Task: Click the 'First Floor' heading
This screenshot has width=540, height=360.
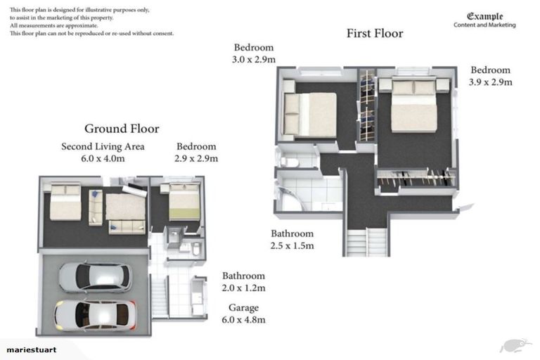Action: [375, 33]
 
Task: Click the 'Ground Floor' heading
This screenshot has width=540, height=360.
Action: [122, 129]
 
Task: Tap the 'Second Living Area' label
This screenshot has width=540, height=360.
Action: [103, 146]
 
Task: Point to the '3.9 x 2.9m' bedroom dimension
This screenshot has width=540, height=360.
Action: [490, 82]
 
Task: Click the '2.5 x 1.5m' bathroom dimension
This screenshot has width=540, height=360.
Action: [292, 245]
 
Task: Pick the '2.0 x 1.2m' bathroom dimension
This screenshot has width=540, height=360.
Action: [243, 288]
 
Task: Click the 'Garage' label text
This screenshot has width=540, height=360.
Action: [243, 307]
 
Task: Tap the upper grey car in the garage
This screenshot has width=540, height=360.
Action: [94, 276]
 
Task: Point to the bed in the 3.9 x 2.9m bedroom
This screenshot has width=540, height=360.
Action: [414, 105]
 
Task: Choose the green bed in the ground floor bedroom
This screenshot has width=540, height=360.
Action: [184, 202]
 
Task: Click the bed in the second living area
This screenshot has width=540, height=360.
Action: [65, 202]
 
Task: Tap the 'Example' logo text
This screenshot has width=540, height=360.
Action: [485, 16]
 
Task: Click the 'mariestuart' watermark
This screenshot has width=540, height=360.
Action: [32, 349]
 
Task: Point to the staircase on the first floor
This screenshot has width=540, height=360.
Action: [368, 241]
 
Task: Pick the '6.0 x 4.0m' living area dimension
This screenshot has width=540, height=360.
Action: [103, 158]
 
